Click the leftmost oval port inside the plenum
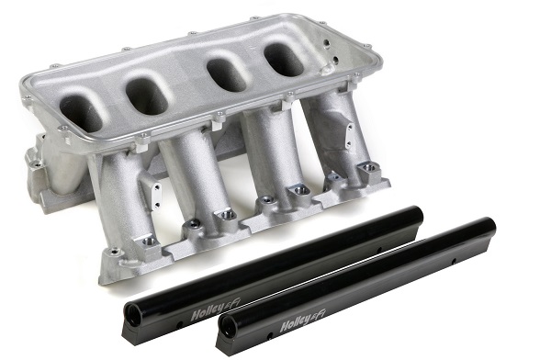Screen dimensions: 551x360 82,111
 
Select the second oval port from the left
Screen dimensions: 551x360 147,96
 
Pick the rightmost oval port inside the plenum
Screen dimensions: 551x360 285,60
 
